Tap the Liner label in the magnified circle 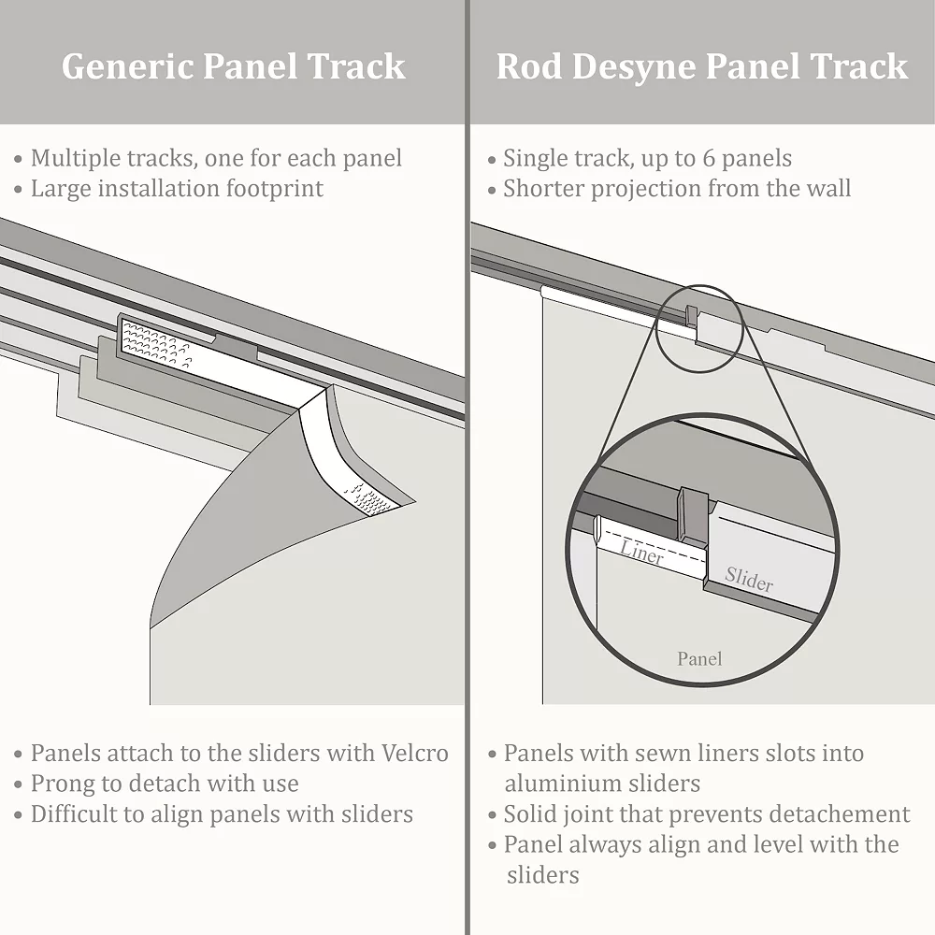[x=641, y=552]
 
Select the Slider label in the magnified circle [x=749, y=580]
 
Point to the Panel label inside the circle [x=699, y=659]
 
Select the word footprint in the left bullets [x=273, y=189]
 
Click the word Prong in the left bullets [x=64, y=784]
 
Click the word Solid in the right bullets [x=531, y=814]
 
